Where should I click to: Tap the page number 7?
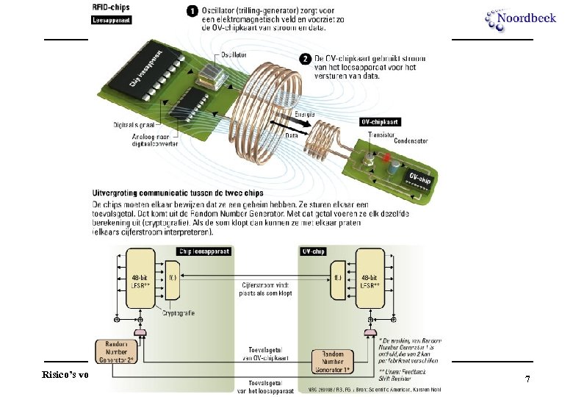pyautogui.click(x=527, y=379)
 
